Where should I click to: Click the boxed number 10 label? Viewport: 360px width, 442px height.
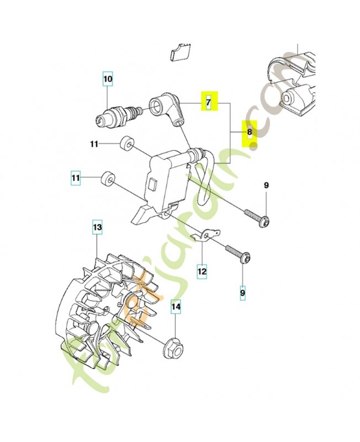tap(108, 80)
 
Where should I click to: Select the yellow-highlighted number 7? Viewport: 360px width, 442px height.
tap(209, 102)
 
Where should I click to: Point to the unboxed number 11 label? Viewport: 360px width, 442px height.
tap(94, 144)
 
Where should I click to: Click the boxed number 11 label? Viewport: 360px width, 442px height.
tap(76, 178)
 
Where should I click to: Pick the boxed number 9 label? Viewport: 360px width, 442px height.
tap(242, 290)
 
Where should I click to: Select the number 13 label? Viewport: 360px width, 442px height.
tap(97, 227)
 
